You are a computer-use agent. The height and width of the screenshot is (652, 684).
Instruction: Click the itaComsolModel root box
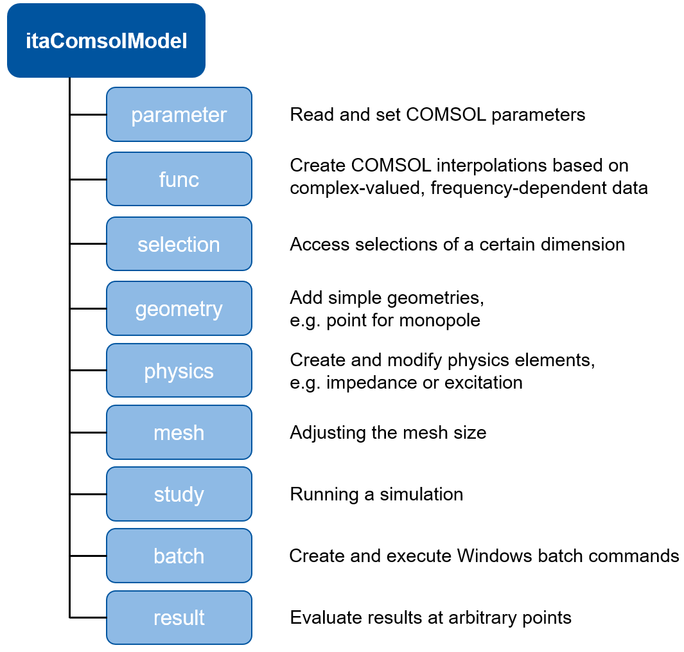pos(106,41)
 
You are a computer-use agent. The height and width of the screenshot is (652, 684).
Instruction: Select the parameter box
pos(179,115)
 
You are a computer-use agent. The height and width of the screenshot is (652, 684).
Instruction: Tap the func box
pos(179,179)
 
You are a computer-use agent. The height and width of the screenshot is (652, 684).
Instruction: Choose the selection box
pos(179,245)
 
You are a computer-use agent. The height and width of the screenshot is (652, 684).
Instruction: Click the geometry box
pos(179,309)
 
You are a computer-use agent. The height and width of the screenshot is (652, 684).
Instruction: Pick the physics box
pos(179,371)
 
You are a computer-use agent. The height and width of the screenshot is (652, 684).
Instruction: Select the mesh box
pos(179,432)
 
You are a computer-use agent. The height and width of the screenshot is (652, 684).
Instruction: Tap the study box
pos(179,494)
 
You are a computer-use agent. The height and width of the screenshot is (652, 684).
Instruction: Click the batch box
pos(179,556)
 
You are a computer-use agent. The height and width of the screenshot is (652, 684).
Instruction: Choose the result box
pos(179,617)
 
